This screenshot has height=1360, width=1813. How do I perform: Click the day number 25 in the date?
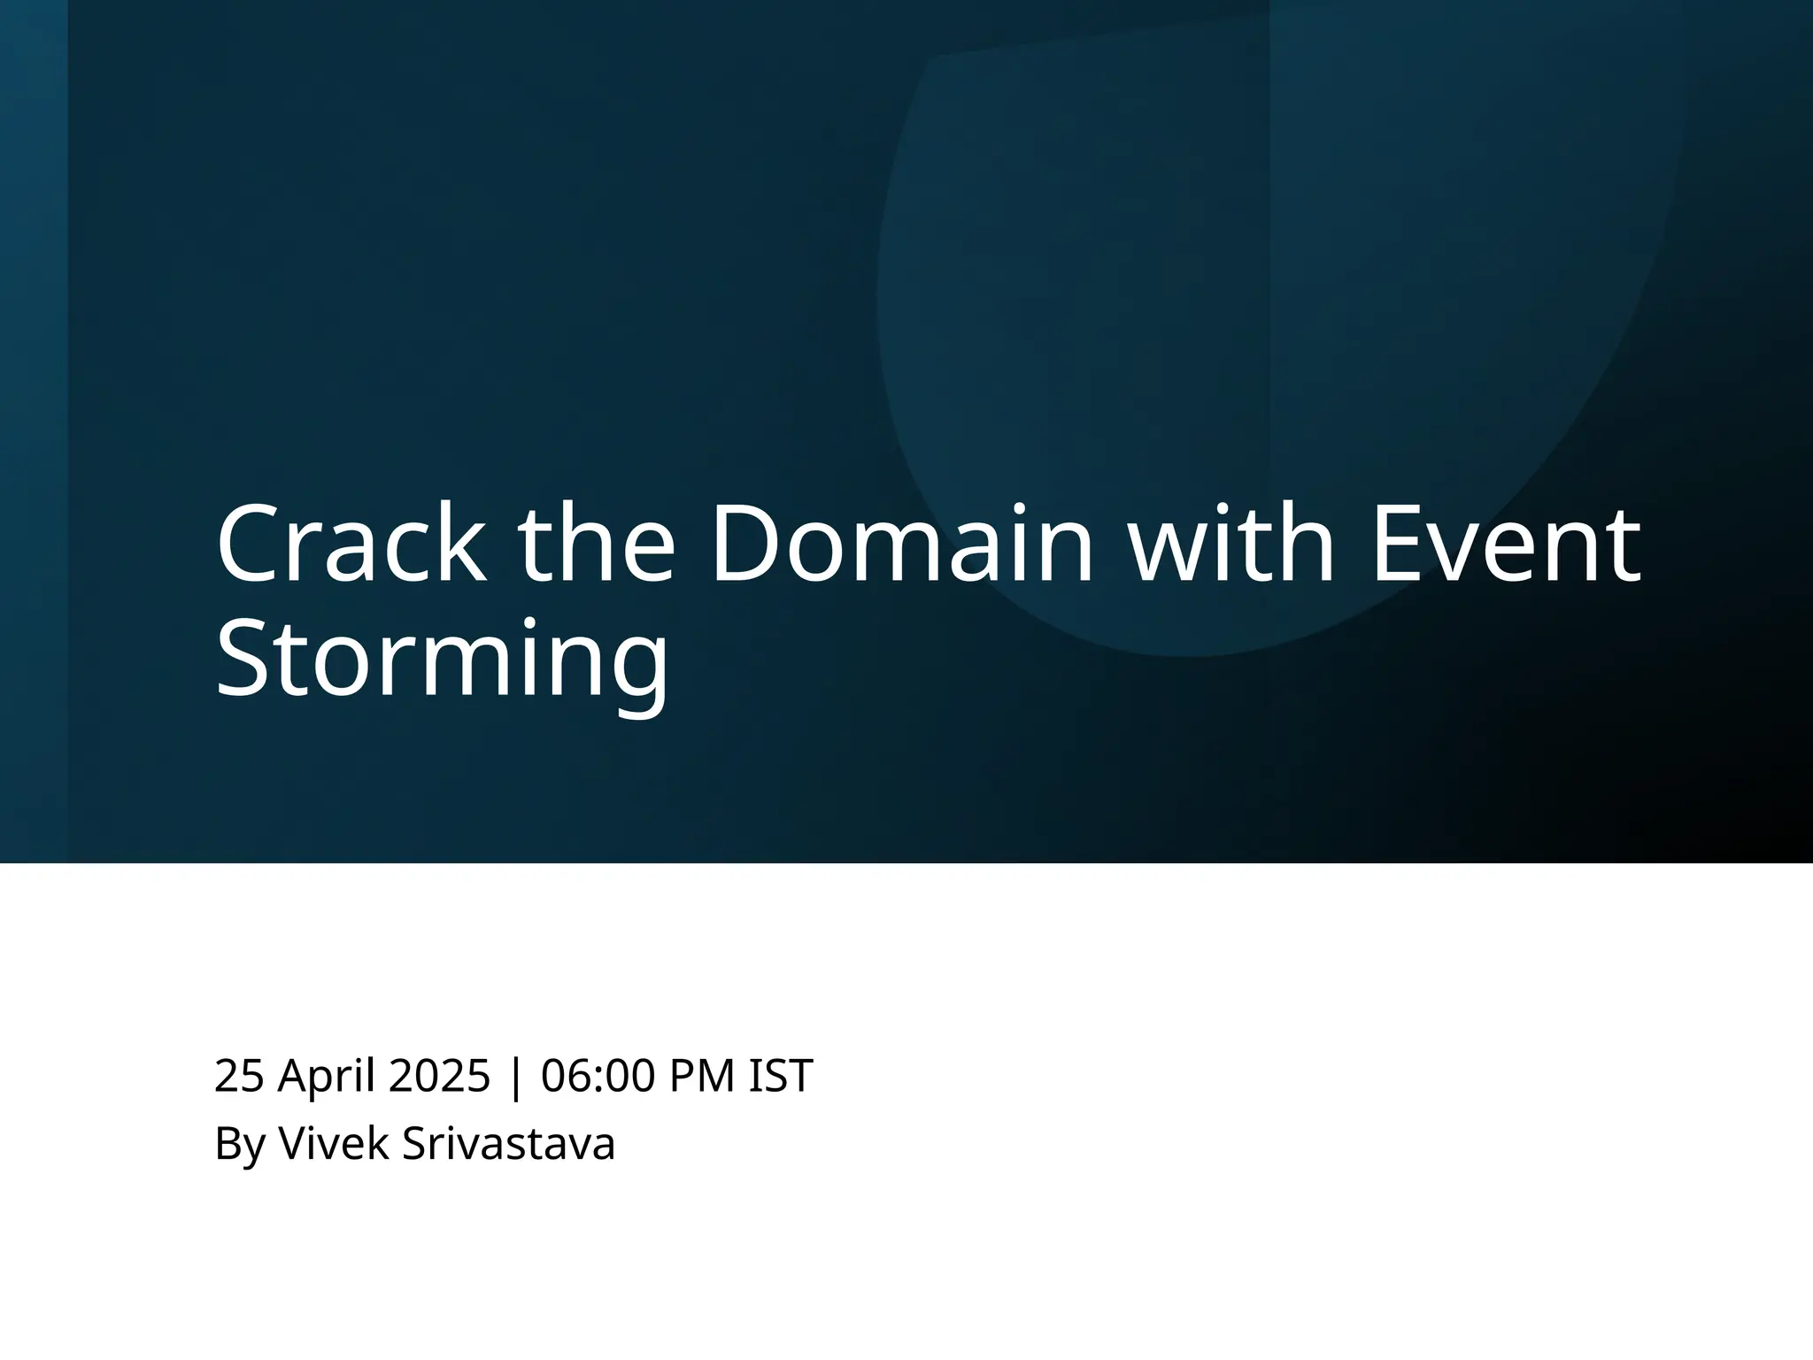point(239,1076)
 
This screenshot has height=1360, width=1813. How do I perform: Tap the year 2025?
point(439,1076)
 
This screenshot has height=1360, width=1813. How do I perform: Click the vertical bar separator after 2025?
point(516,1078)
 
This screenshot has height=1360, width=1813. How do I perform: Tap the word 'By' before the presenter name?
point(240,1144)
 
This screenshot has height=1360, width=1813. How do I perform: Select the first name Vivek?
point(334,1143)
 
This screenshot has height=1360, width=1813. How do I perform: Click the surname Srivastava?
point(508,1143)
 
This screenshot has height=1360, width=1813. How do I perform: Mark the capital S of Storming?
point(245,659)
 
